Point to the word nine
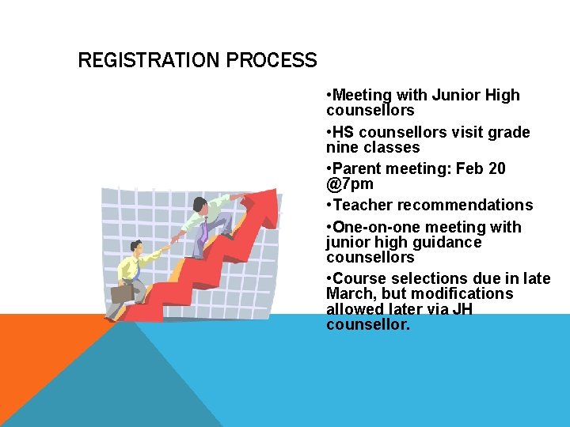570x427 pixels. [342, 147]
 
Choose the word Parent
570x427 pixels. [358, 168]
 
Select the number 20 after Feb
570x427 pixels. [497, 168]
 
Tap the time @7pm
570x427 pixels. [349, 184]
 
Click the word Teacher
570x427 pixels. [363, 205]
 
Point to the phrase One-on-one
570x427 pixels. [374, 227]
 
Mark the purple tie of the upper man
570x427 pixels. [204, 232]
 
